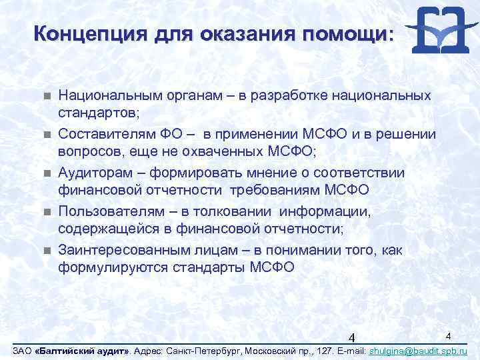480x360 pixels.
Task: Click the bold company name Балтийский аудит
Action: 85,351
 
